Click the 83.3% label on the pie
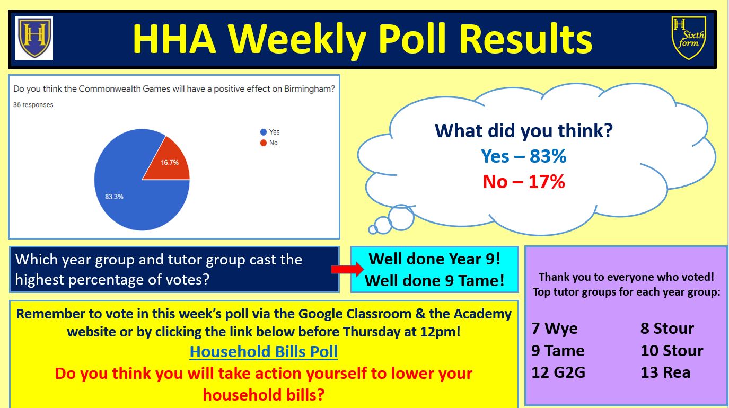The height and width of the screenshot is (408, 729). (114, 197)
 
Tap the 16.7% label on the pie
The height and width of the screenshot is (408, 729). (170, 162)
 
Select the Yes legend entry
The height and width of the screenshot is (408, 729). (270, 132)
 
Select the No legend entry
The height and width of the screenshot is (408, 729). (269, 143)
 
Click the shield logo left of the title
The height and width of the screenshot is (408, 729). (34, 38)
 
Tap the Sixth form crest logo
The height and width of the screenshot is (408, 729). (688, 38)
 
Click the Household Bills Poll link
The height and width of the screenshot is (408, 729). (264, 351)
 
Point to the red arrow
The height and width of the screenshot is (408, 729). (347, 269)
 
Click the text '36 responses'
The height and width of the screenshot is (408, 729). (33, 105)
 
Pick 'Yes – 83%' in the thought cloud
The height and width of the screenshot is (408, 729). (524, 156)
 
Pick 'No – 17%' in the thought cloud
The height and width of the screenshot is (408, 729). (524, 181)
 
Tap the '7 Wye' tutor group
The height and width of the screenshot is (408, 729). (554, 329)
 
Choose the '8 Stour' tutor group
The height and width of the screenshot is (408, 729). (667, 329)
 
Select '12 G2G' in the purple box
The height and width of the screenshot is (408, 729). (558, 372)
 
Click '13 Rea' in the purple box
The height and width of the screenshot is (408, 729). (665, 372)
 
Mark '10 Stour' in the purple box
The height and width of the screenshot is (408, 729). (672, 350)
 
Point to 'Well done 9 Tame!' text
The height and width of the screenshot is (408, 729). (434, 280)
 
